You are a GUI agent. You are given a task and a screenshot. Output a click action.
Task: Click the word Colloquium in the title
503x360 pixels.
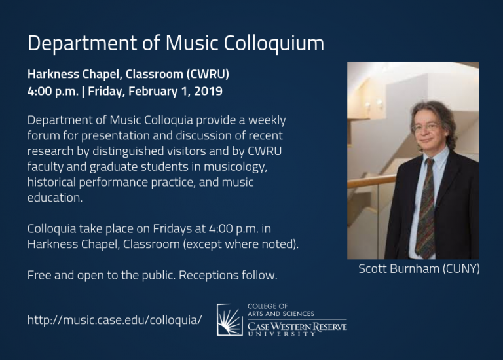[x=274, y=43]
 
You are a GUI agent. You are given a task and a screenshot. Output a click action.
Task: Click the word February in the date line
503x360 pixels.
[x=153, y=92]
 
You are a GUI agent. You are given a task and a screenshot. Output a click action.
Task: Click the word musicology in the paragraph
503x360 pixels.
[x=235, y=167]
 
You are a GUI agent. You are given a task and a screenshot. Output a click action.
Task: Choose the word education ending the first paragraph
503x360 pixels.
[x=55, y=198]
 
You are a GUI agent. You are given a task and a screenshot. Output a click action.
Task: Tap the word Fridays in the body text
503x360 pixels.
[x=172, y=229]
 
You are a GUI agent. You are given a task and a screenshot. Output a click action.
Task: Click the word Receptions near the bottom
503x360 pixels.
[x=208, y=276]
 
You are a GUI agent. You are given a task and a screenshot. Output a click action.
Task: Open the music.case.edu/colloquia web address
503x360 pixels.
[x=115, y=320]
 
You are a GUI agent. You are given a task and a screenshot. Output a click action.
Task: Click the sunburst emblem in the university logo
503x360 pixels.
[x=230, y=320]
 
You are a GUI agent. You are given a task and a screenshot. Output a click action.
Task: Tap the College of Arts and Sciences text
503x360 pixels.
[x=281, y=310]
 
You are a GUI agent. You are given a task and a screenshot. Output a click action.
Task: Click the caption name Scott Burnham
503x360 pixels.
[x=399, y=268]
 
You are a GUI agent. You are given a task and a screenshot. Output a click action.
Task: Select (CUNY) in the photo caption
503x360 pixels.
[x=461, y=268]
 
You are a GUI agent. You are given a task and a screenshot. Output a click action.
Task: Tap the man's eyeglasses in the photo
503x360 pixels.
[x=427, y=127]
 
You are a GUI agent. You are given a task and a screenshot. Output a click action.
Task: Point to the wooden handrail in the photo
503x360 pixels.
[x=372, y=181]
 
